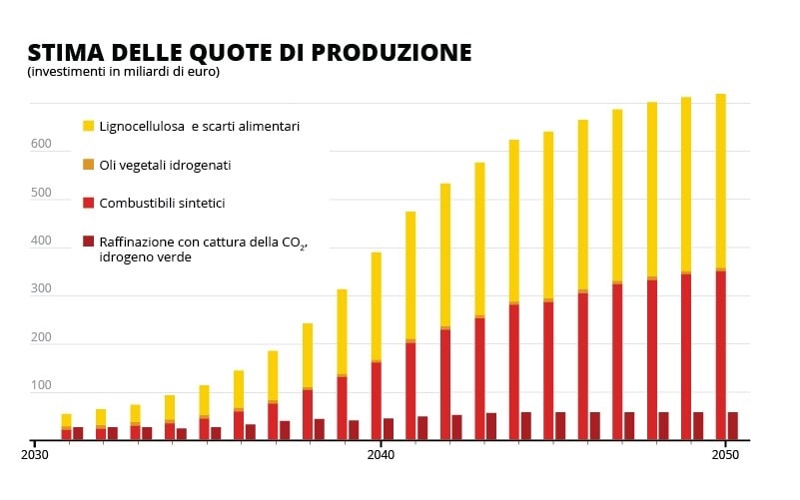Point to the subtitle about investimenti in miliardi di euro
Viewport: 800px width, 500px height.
click(123, 72)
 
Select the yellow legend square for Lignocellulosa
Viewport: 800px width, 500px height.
click(88, 126)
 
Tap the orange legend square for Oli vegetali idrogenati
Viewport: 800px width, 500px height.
click(88, 164)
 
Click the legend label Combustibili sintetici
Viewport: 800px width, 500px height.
click(162, 203)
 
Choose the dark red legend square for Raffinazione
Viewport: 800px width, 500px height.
click(88, 241)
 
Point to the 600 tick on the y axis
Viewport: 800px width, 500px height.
click(40, 145)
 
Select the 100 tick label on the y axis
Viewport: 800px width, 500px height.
click(40, 385)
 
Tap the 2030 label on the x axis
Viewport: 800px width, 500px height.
click(35, 454)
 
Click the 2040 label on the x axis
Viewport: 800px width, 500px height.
click(381, 454)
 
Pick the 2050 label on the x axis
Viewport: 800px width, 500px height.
click(725, 454)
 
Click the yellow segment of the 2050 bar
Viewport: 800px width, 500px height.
click(720, 180)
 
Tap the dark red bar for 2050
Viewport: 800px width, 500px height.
click(732, 426)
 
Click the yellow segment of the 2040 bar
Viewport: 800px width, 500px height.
click(377, 304)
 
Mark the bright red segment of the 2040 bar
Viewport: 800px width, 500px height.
click(377, 399)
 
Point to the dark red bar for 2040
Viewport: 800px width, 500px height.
click(389, 429)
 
